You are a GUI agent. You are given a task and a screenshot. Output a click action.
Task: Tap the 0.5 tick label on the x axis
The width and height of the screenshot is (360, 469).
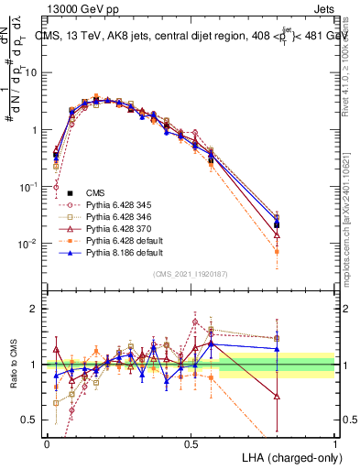[x=191, y=442]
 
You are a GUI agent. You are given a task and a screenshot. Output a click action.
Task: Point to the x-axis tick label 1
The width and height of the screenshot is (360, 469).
[x=334, y=442]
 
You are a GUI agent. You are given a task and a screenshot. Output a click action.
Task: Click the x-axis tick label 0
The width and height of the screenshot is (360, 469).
[x=47, y=442]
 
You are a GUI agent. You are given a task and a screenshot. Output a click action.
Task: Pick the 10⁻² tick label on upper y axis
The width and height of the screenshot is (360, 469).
[x=29, y=244]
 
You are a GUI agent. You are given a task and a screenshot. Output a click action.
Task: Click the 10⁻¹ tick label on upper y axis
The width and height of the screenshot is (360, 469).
[x=29, y=187]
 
